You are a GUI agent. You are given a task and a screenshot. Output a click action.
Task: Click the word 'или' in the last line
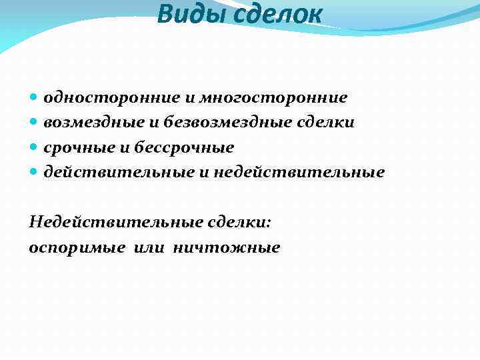pyautogui.click(x=149, y=248)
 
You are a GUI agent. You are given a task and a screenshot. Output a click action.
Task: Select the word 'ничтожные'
pyautogui.click(x=227, y=248)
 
